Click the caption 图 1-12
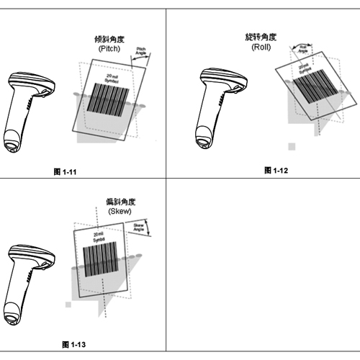point(278,170)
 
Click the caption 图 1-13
point(74,346)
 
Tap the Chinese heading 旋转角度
point(260,36)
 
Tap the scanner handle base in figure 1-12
point(206,141)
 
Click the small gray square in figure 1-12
point(292,147)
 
